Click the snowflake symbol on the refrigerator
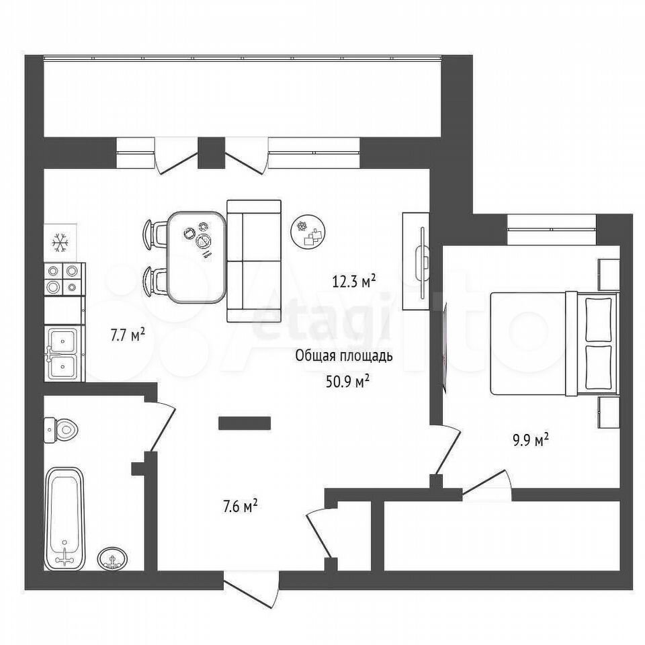tap(60, 243)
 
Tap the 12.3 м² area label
tap(354, 282)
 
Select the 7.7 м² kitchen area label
tap(127, 335)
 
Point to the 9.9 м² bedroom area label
tap(530, 441)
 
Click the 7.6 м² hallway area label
tap(240, 507)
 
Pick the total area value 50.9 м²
tap(347, 382)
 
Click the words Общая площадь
tap(344, 356)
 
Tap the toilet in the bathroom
tap(61, 430)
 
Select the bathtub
tap(64, 519)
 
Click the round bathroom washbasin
tap(112, 558)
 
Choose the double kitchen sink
tap(64, 353)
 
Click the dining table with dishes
tap(197, 257)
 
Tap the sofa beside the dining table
tap(254, 261)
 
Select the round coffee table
tap(308, 232)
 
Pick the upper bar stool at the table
tap(155, 233)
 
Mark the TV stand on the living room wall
tap(416, 261)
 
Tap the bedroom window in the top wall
tap(552, 230)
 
